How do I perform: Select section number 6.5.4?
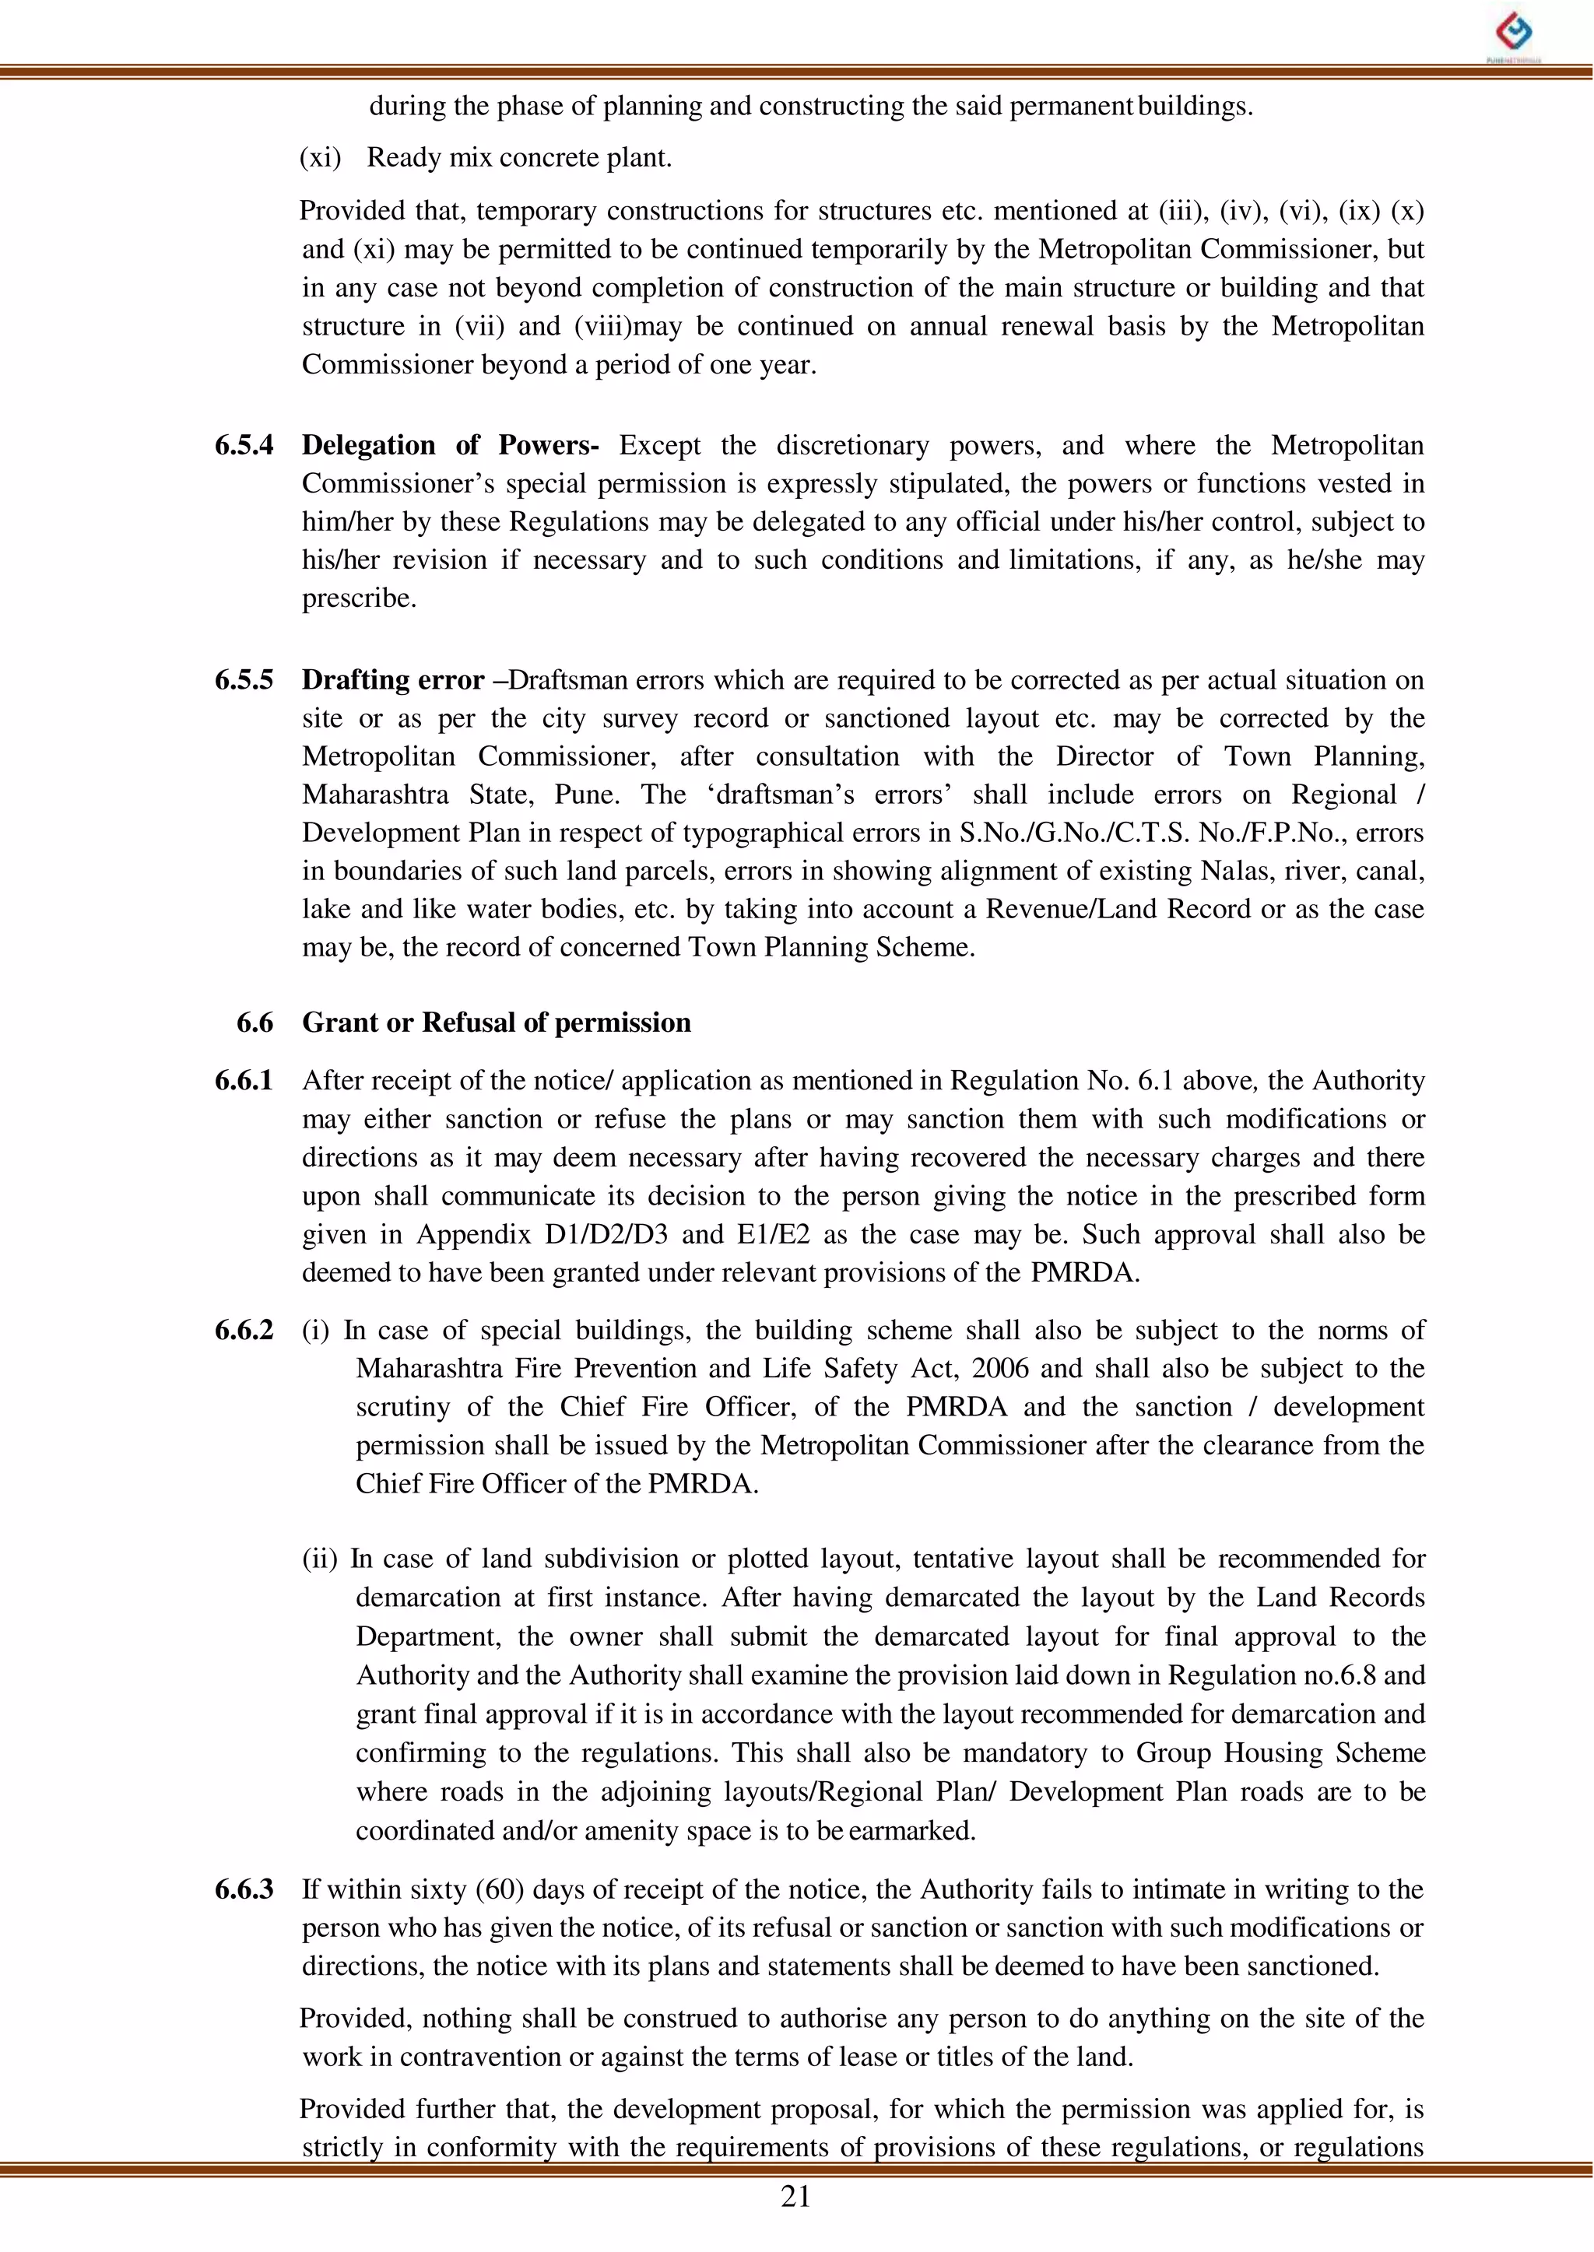pos(244,445)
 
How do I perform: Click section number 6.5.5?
pos(244,680)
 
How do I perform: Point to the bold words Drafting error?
pos(392,680)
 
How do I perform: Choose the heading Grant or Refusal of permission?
pos(496,1023)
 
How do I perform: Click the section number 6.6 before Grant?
pos(255,1023)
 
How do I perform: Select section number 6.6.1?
pos(244,1080)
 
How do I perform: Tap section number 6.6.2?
pos(244,1331)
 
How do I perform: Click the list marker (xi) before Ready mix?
pos(320,158)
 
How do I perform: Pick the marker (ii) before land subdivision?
pos(320,1559)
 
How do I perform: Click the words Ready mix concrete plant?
pos(519,158)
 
